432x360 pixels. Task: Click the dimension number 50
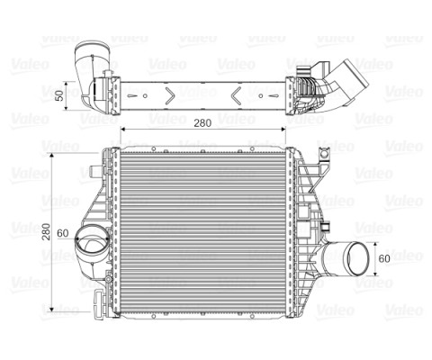click(59, 94)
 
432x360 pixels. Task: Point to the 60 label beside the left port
click(63, 233)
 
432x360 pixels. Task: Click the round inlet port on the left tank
click(91, 244)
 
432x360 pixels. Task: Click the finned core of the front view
click(202, 229)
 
